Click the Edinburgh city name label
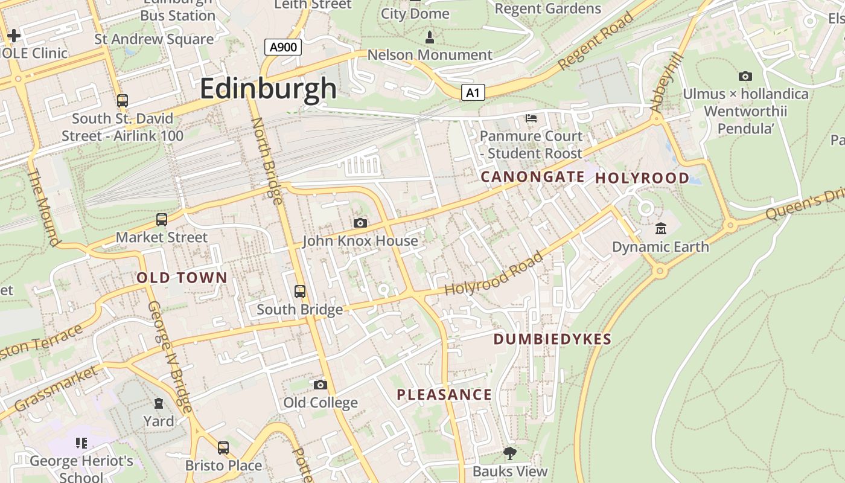click(x=268, y=89)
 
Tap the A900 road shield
click(x=283, y=47)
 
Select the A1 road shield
click(x=473, y=92)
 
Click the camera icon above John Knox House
click(x=360, y=223)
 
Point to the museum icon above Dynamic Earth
click(x=661, y=229)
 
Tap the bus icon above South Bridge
click(x=300, y=292)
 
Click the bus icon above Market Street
click(x=161, y=220)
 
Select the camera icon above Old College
click(x=320, y=385)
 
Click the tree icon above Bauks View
click(x=510, y=453)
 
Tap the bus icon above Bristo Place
click(x=223, y=448)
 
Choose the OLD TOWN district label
click(x=182, y=278)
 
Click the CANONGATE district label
click(x=532, y=177)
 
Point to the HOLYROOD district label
click(x=642, y=178)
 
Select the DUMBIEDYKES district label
click(x=552, y=339)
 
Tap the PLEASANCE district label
click(x=444, y=395)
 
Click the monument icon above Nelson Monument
click(x=430, y=37)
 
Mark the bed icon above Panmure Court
click(x=531, y=118)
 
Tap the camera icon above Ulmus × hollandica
click(x=745, y=76)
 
